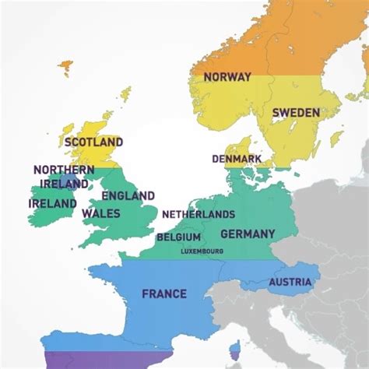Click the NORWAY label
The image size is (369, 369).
coord(227,76)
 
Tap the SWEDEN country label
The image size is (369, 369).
coord(295,113)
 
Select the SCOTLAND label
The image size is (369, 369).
coord(93,142)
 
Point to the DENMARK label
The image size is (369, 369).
coord(237,159)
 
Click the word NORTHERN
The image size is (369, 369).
coord(64,170)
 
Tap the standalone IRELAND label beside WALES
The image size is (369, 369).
coord(52,204)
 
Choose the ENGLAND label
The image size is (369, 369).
coord(128,195)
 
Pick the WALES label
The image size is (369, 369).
coord(100,213)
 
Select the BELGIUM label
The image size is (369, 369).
coord(178,237)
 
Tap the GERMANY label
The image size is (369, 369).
coord(248,234)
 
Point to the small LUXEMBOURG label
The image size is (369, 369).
coord(202,251)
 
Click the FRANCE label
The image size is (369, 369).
coord(164,293)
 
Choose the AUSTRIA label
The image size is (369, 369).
coord(290,282)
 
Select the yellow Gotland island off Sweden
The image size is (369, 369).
coord(336,139)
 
